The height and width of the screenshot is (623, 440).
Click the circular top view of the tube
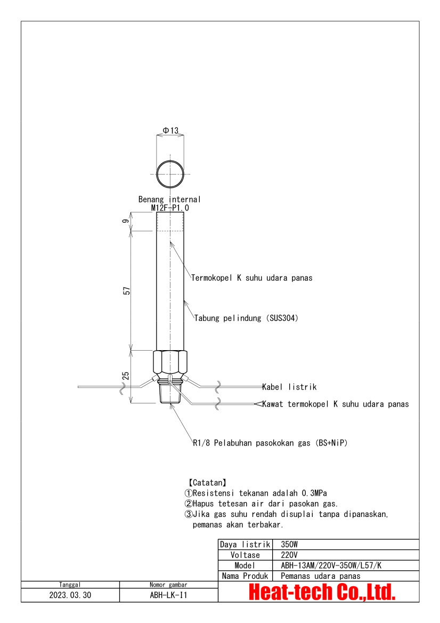click(x=170, y=173)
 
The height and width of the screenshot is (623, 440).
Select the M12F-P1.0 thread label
click(x=170, y=208)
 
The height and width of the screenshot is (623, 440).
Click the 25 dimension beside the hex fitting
click(x=126, y=375)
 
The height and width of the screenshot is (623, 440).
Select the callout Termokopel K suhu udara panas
click(x=252, y=278)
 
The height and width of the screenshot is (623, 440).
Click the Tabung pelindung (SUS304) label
click(x=246, y=318)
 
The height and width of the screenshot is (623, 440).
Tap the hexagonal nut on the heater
click(x=170, y=362)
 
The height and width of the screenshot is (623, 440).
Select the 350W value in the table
click(x=291, y=545)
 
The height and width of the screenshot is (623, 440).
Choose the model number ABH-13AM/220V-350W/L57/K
click(x=331, y=565)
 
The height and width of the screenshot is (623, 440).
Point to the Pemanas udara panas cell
click(x=321, y=576)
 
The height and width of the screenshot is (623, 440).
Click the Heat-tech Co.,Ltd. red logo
click(x=322, y=592)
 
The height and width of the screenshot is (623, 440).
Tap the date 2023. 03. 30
click(x=70, y=595)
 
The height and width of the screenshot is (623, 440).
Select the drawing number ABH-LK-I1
click(x=169, y=595)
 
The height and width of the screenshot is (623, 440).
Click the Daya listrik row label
click(x=245, y=545)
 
